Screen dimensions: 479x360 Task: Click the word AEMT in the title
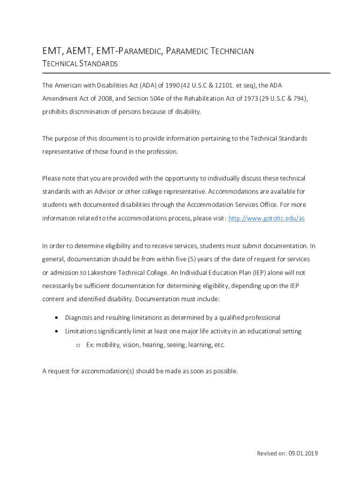(74, 51)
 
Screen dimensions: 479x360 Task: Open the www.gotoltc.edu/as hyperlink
(266, 218)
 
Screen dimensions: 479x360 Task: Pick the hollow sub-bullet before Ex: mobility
(78, 345)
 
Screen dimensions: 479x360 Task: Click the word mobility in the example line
(109, 345)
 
